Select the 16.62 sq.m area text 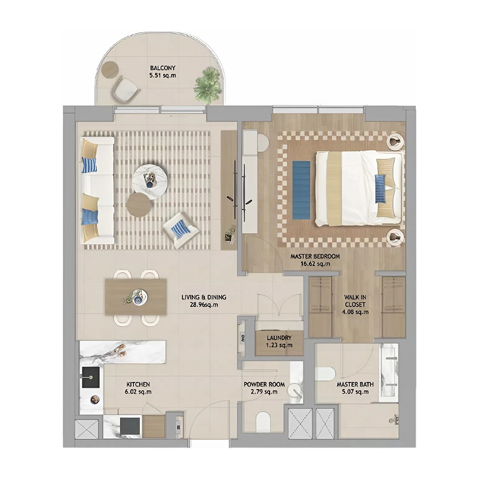point(315,263)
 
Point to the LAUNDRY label point(279,337)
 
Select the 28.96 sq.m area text point(200,304)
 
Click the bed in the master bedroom point(357,188)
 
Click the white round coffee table point(150,177)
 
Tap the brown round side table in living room point(140,204)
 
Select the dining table point(136,296)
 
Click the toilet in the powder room point(263,421)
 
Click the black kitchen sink point(91,374)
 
